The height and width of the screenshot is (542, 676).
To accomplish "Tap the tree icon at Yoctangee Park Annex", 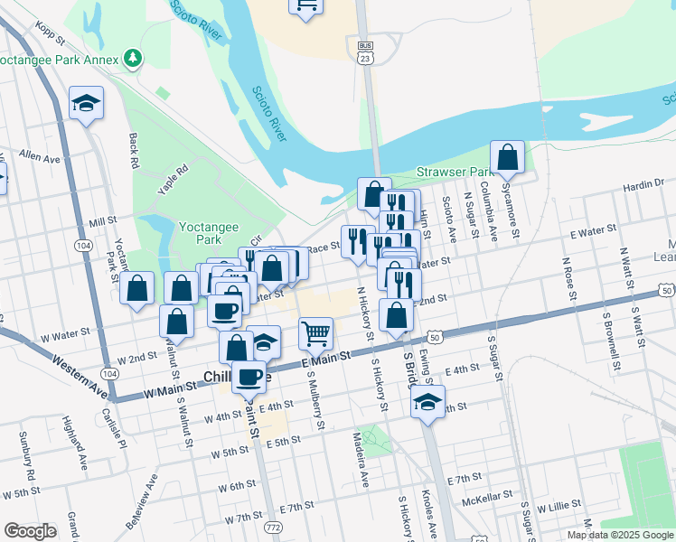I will point(134,59).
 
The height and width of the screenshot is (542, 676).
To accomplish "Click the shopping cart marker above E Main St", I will point(315,332).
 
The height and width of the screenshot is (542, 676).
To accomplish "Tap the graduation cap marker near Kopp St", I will point(86,102).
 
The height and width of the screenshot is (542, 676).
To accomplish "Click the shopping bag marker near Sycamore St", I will point(508,156).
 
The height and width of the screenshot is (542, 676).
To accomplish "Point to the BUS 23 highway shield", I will point(365,51).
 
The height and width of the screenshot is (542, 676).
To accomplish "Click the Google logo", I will point(30,531).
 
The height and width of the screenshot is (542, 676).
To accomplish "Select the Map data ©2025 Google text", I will point(620,535).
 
